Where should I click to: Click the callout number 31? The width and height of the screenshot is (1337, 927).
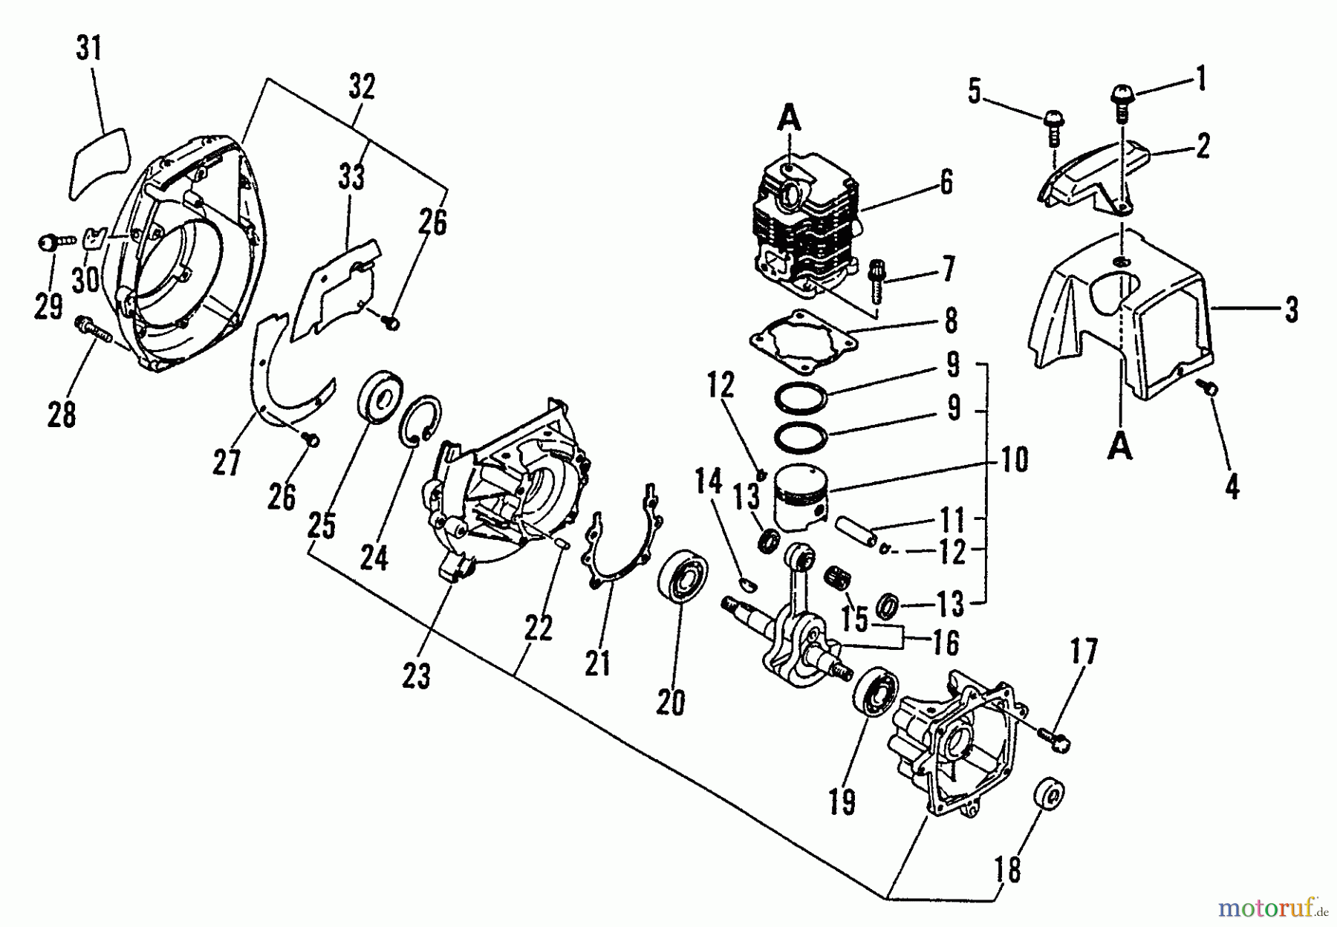89,51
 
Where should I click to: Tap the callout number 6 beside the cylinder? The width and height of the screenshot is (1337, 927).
946,183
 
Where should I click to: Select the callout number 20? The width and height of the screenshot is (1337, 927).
670,701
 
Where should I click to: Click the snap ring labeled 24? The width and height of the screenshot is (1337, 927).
422,422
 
